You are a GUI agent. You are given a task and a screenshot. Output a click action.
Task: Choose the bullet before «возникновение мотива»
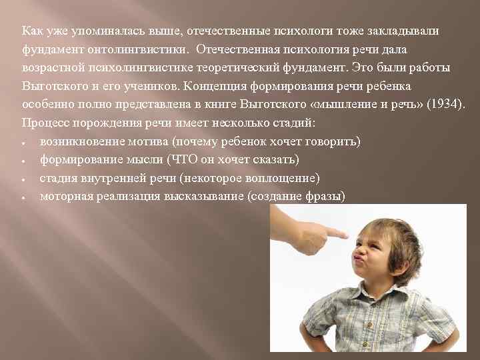point(23,143)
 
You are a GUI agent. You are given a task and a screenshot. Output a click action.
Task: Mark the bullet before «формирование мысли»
point(23,161)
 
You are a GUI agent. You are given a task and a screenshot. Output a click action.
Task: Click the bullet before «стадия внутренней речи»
point(23,179)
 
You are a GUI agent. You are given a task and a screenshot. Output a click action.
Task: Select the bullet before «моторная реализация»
point(23,198)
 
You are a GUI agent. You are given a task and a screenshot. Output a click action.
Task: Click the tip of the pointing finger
point(346,235)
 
